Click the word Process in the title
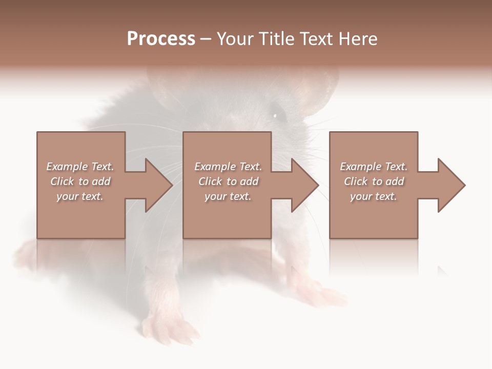click(161, 39)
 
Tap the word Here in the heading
click(358, 39)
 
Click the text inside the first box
click(80, 181)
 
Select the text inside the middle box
click(228, 181)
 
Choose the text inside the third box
click(373, 181)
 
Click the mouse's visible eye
click(276, 115)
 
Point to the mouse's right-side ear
click(320, 92)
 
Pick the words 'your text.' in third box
click(373, 196)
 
